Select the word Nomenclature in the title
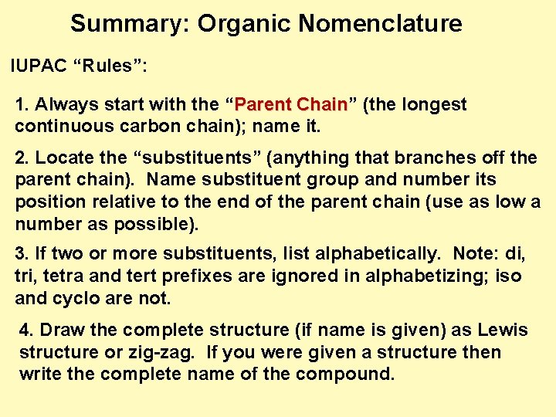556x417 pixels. (x=380, y=24)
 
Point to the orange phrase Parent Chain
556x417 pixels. (x=290, y=104)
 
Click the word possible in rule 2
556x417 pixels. (x=158, y=225)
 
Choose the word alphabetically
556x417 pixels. (x=371, y=254)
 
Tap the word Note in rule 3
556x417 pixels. (x=471, y=254)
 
